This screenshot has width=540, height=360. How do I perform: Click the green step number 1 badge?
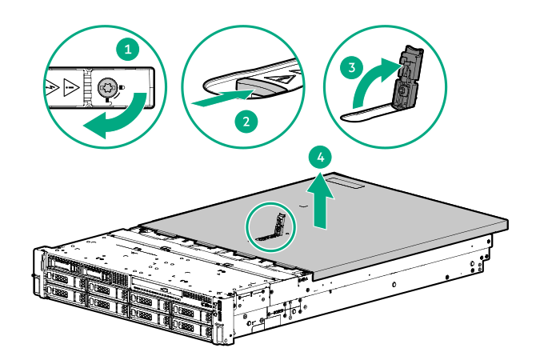[126, 50]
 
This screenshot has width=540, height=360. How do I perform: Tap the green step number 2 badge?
[247, 122]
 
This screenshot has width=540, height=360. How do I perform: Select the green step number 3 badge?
[349, 68]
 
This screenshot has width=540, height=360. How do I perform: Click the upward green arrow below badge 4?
[320, 200]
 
